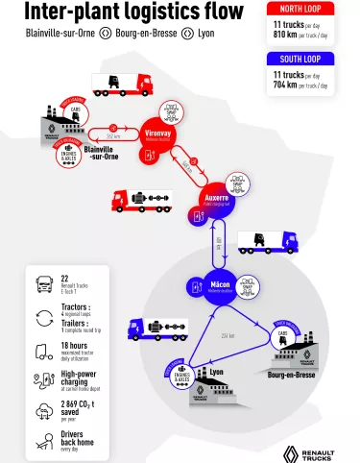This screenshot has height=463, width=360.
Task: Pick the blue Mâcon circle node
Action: click(219, 285)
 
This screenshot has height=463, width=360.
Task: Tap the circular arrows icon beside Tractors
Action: click(44, 317)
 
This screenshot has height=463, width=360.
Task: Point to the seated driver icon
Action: click(44, 442)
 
